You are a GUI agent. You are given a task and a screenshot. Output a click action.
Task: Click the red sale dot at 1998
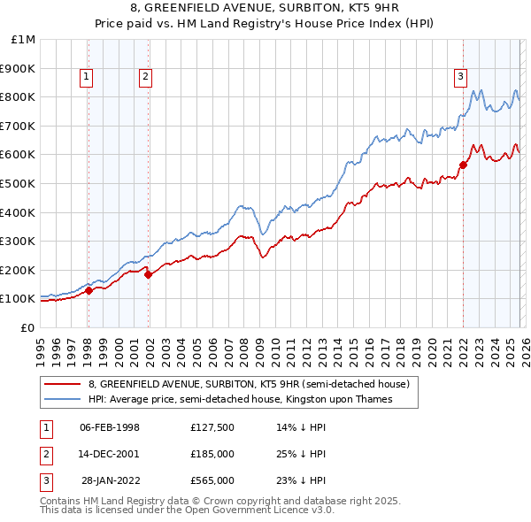tap(88, 290)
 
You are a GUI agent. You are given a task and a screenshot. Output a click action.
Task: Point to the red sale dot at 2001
tap(149, 274)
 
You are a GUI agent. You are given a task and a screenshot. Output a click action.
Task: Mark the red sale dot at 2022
tap(463, 165)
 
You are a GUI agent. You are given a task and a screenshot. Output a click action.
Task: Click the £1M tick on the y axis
tap(25, 40)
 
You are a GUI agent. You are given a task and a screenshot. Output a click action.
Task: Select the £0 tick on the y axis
tap(28, 327)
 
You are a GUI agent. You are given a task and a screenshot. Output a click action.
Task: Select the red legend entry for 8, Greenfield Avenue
tap(248, 385)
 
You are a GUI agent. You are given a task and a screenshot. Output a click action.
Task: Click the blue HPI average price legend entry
tap(239, 400)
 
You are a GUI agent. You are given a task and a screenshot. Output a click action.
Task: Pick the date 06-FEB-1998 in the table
tap(110, 427)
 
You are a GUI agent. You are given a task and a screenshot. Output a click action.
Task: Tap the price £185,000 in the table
tap(212, 454)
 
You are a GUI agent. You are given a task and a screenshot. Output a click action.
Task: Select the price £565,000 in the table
tap(212, 480)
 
